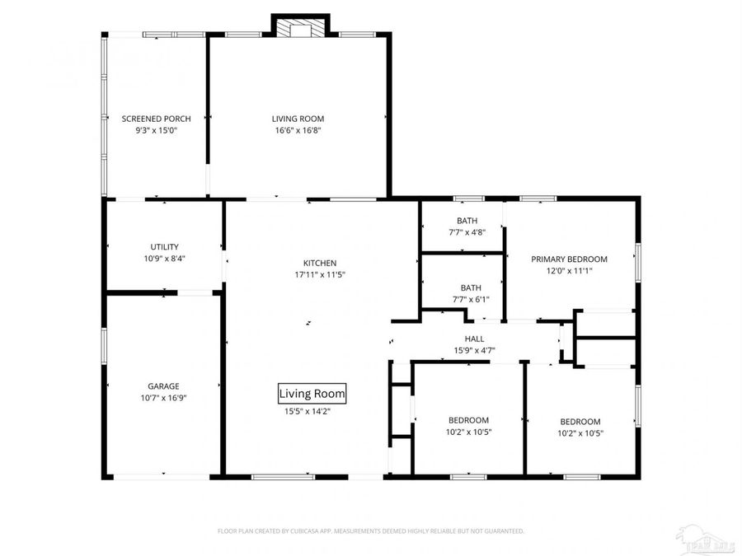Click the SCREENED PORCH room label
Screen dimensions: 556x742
(156, 119)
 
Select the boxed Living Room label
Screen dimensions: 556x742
(312, 394)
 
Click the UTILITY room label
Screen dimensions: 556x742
(164, 246)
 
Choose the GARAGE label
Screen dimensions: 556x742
(163, 386)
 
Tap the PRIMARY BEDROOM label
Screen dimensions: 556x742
(569, 259)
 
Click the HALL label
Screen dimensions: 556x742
(474, 339)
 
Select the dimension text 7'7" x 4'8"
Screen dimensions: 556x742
(467, 232)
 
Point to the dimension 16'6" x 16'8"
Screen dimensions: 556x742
(298, 130)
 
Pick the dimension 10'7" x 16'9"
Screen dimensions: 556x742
(163, 398)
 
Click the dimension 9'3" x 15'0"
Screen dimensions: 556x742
(157, 130)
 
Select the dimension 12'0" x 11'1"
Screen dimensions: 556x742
(569, 270)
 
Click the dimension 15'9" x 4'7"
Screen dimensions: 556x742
(474, 350)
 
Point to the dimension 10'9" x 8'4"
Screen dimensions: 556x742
(164, 258)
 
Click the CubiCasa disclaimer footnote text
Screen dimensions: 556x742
(370, 531)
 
